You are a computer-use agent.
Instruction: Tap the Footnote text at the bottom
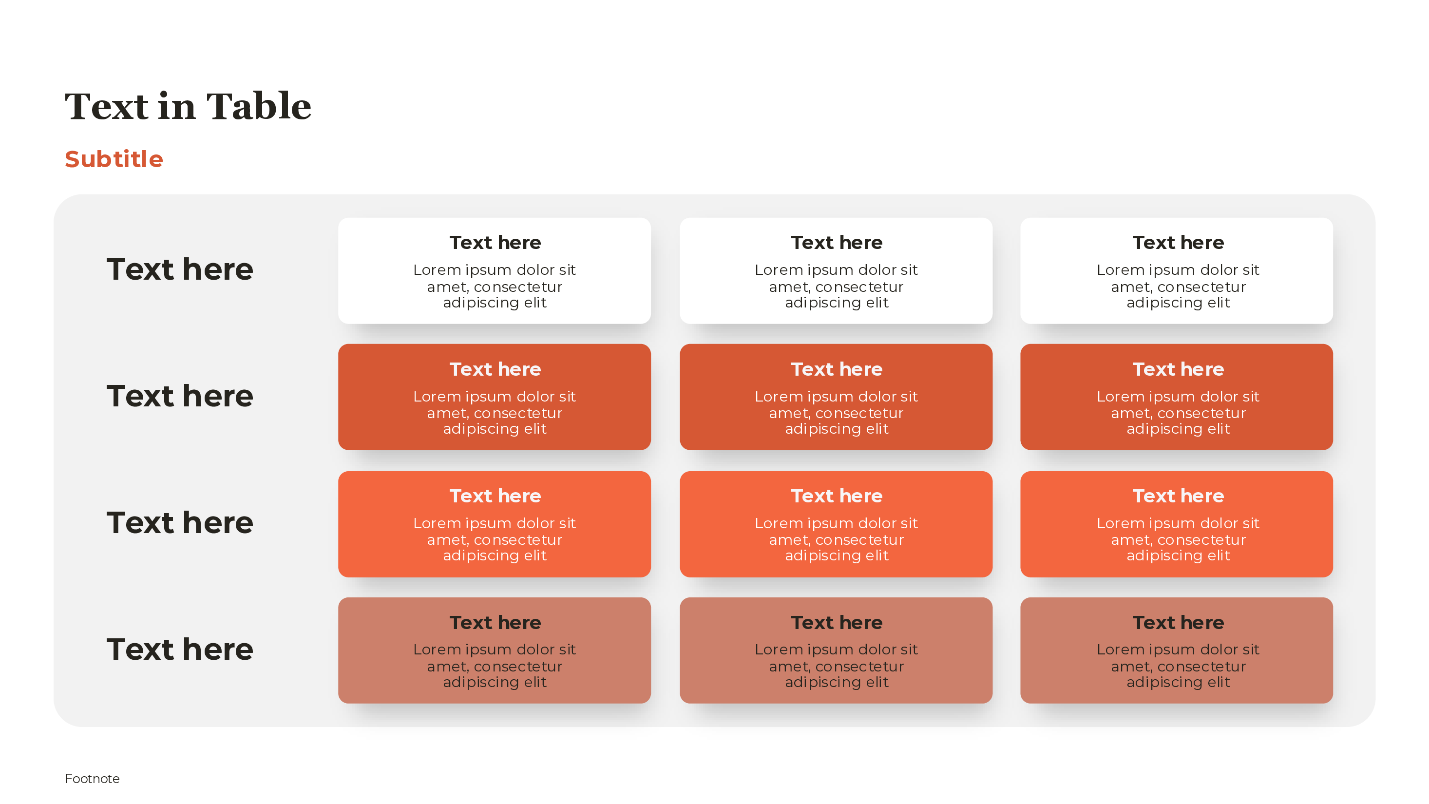[92, 779]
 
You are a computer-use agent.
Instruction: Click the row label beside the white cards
[180, 269]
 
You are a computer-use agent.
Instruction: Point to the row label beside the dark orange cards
[180, 396]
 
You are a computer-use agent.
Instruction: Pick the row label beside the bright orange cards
[180, 523]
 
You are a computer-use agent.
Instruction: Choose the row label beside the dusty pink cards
[180, 649]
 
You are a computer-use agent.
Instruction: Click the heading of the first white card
[495, 243]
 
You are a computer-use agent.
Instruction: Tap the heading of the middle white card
[837, 243]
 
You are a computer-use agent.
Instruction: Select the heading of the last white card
[1178, 243]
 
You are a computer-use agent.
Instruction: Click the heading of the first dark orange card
[495, 369]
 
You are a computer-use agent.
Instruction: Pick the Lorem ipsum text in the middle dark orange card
[837, 412]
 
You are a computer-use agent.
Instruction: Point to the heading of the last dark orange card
[1178, 369]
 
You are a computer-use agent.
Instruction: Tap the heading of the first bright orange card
[495, 496]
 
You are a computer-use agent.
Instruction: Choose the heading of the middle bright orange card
[837, 496]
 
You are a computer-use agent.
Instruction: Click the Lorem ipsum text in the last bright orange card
[1178, 539]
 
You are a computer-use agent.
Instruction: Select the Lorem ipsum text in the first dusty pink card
[495, 665]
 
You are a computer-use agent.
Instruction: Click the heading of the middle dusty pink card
[837, 623]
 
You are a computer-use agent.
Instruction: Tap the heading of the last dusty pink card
[1178, 623]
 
